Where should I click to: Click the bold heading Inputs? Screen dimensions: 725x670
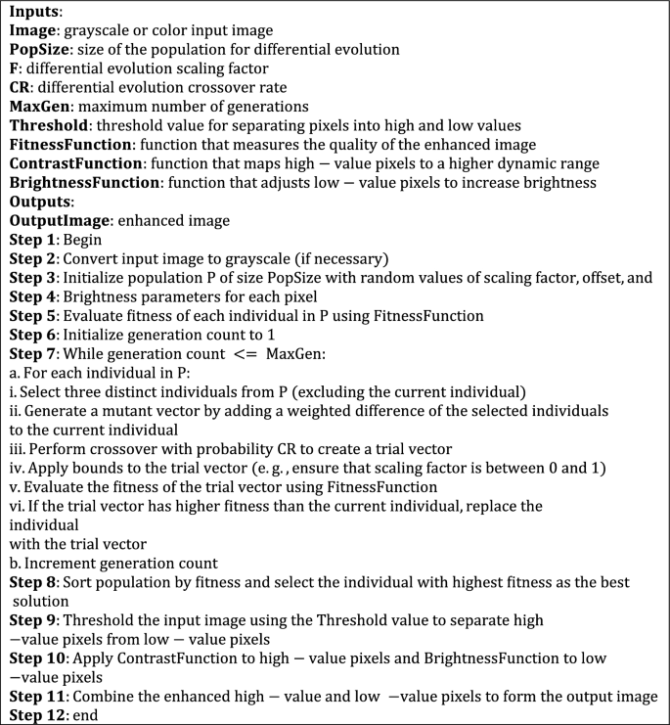pyautogui.click(x=35, y=13)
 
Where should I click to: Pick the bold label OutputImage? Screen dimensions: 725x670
pyautogui.click(x=57, y=222)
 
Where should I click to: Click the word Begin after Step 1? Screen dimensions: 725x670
pyautogui.click(x=87, y=241)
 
